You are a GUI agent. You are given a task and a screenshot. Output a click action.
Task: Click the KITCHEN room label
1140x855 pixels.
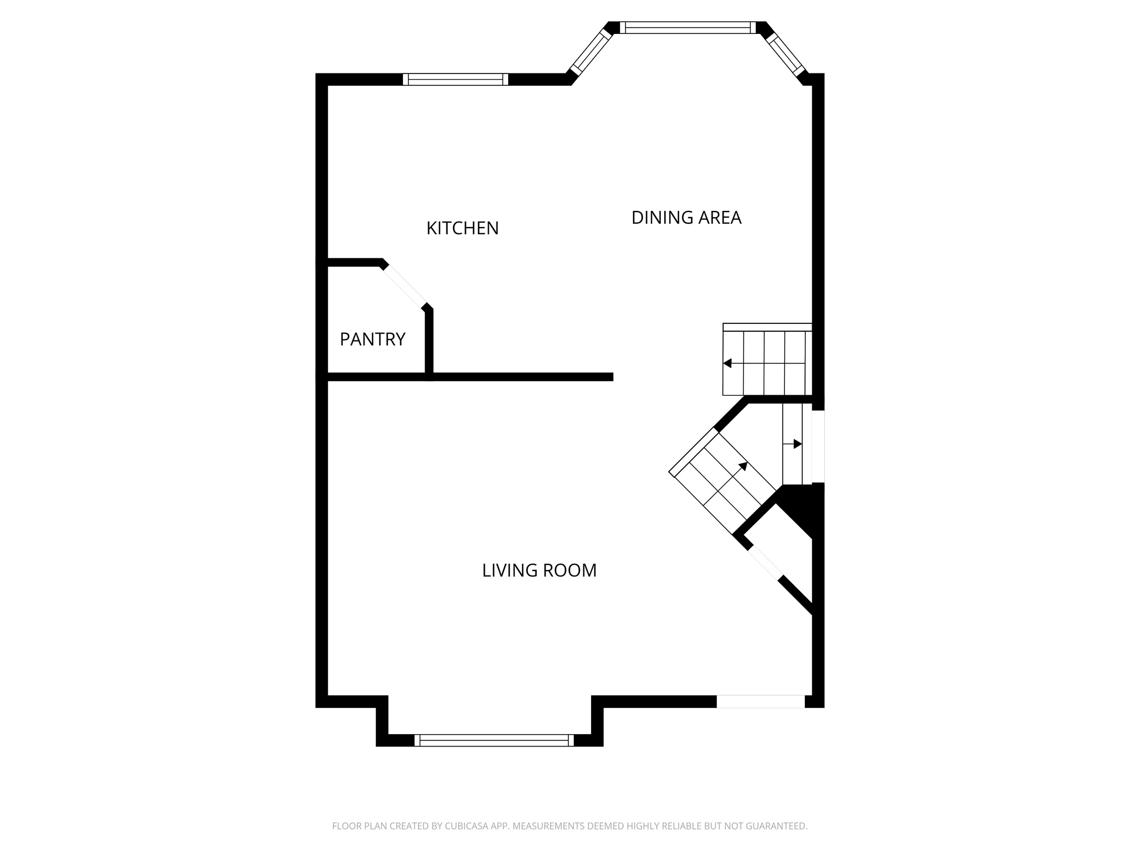(x=462, y=228)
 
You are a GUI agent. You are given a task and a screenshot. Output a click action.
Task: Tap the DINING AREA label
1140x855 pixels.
(x=686, y=218)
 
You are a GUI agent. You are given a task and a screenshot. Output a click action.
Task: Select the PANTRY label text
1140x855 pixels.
(x=372, y=339)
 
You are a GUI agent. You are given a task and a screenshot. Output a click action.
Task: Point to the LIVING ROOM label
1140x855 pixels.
(x=539, y=571)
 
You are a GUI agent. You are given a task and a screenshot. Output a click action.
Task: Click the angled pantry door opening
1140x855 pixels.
(x=405, y=286)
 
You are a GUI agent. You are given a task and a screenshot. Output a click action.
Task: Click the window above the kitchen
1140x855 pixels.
(x=455, y=80)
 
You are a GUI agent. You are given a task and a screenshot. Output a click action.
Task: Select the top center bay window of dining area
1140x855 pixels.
(x=687, y=28)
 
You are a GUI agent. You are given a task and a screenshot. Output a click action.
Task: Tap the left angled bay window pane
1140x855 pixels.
(x=591, y=51)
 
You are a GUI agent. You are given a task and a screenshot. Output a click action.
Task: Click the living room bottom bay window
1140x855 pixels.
(x=494, y=740)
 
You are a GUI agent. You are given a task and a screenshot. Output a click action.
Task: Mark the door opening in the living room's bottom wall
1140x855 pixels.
(x=760, y=702)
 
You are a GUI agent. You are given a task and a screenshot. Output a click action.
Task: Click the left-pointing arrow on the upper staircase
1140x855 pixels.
(x=728, y=363)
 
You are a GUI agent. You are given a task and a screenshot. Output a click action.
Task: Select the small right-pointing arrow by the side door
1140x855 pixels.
(x=797, y=444)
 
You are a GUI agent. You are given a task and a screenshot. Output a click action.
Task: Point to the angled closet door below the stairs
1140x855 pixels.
(x=765, y=563)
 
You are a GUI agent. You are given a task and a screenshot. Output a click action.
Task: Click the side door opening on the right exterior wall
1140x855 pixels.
(x=818, y=446)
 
